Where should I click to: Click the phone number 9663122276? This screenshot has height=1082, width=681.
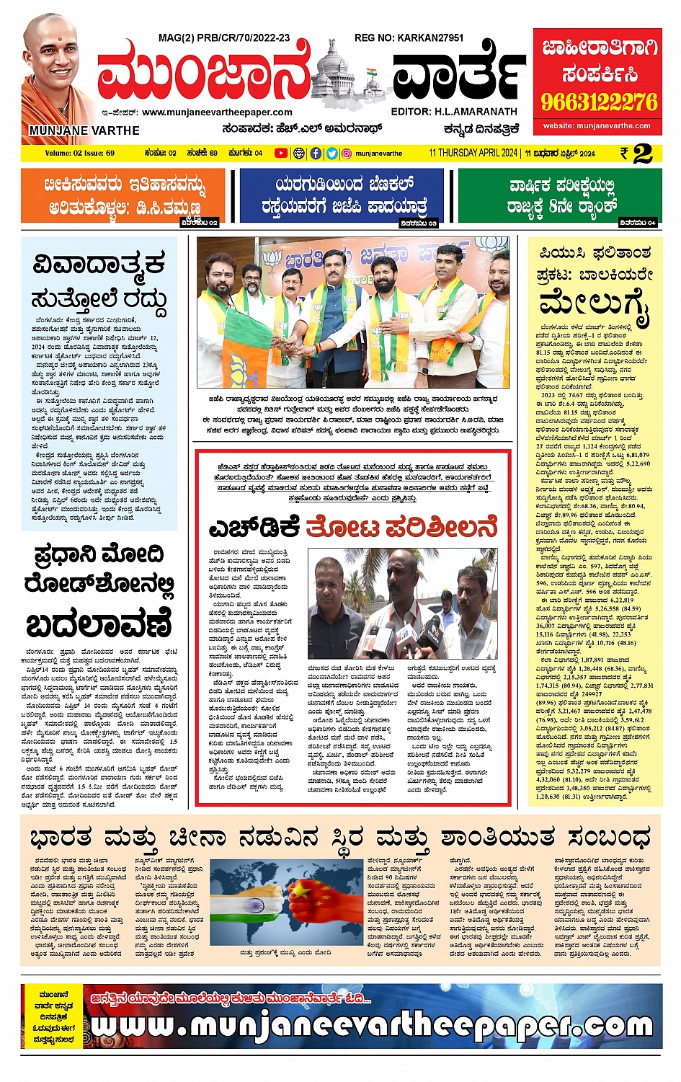pos(600,102)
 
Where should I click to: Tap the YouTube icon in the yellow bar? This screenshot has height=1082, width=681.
pos(281,153)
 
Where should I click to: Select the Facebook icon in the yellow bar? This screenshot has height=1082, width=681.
pos(316,153)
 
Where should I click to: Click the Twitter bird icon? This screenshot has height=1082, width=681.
pos(331,153)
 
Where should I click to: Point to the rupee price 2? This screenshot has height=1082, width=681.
pos(643,153)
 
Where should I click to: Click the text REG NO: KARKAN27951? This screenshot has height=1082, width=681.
pos(409,37)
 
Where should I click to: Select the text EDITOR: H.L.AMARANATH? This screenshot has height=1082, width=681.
pos(454,112)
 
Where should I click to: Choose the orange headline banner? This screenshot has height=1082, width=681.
pos(123,195)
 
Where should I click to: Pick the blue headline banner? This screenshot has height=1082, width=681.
pos(342,195)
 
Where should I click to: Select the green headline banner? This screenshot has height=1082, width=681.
pos(560,195)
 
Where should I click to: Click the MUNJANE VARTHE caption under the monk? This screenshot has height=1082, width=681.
pos(84,130)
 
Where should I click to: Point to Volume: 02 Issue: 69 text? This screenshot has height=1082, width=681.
pos(79,153)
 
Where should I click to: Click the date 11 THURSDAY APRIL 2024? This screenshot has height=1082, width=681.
pos(473,153)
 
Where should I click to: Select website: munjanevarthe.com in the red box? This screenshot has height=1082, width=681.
pos(597,126)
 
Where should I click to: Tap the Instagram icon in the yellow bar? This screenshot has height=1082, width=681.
pos(347,153)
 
